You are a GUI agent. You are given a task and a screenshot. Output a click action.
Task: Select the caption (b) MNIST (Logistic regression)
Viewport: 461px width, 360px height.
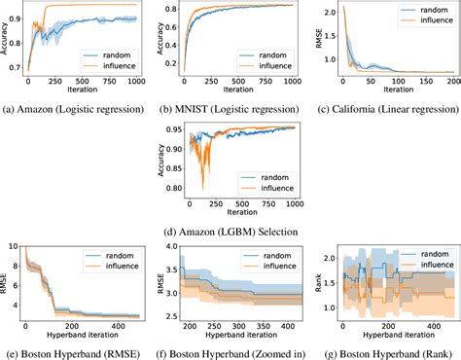[235, 110]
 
